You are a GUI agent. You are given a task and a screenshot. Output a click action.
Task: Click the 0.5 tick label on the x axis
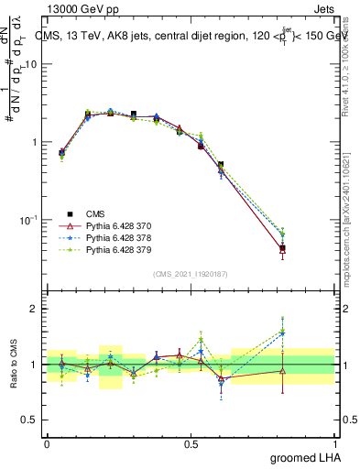point(191,442)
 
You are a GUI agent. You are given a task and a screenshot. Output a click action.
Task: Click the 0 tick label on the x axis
point(47,442)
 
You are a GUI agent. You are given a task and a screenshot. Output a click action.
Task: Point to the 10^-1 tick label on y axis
point(29,220)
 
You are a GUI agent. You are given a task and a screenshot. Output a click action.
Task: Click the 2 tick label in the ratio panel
point(35,309)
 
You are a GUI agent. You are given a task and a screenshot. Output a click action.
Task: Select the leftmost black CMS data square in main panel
point(61,153)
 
